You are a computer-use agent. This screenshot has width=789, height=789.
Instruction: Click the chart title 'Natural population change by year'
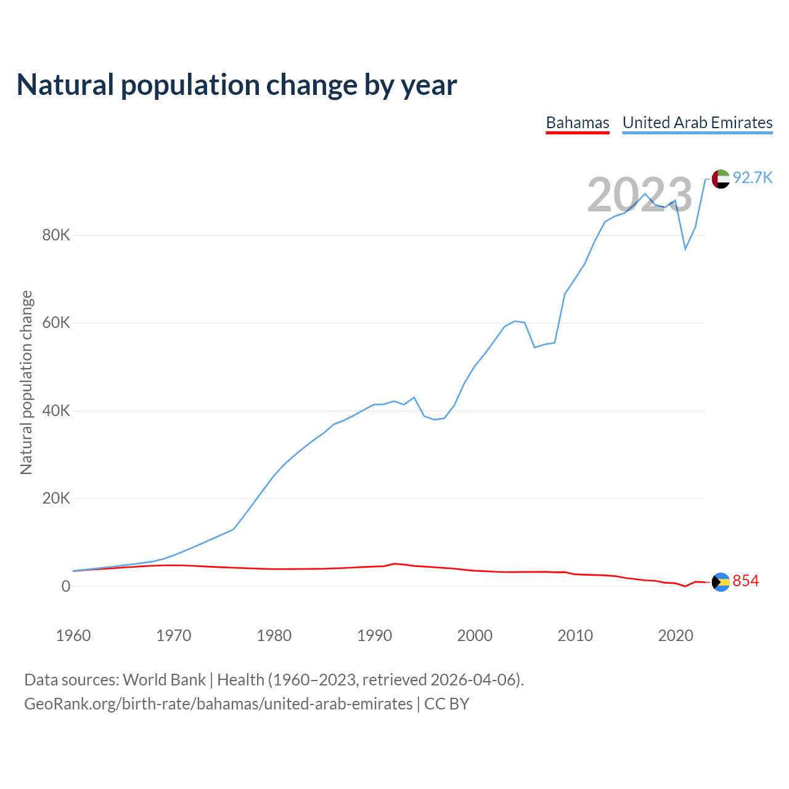tap(237, 85)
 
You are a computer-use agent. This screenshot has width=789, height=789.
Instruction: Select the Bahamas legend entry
tap(578, 123)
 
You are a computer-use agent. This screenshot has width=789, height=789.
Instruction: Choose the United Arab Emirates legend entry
tap(697, 123)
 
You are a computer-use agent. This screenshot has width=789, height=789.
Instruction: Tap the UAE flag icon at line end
tap(721, 179)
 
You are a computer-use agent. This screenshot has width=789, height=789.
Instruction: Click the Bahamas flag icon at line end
tap(721, 582)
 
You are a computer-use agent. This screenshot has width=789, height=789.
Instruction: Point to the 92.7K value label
tap(753, 178)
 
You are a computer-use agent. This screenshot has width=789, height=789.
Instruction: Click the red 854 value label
tap(746, 581)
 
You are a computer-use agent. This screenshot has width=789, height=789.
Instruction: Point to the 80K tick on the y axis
tap(56, 235)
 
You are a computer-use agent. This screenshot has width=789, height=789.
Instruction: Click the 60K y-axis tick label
tap(56, 323)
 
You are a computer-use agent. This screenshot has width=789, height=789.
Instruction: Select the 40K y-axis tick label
tap(56, 411)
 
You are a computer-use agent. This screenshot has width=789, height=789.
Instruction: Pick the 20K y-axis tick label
tap(56, 499)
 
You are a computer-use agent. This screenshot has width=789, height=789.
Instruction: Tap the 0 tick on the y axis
tap(66, 587)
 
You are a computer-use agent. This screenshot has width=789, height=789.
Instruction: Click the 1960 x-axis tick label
tap(73, 636)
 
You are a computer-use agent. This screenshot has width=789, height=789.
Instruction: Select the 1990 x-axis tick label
tap(375, 636)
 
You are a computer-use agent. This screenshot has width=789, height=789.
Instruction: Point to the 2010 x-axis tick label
tap(575, 636)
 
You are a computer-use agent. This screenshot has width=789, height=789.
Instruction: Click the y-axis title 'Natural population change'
tap(27, 383)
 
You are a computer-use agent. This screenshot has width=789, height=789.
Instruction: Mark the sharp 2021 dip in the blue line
tap(685, 248)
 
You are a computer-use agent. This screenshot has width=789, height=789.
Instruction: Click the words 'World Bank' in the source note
tap(164, 680)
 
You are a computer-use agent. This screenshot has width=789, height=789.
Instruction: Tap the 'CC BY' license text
tap(447, 704)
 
